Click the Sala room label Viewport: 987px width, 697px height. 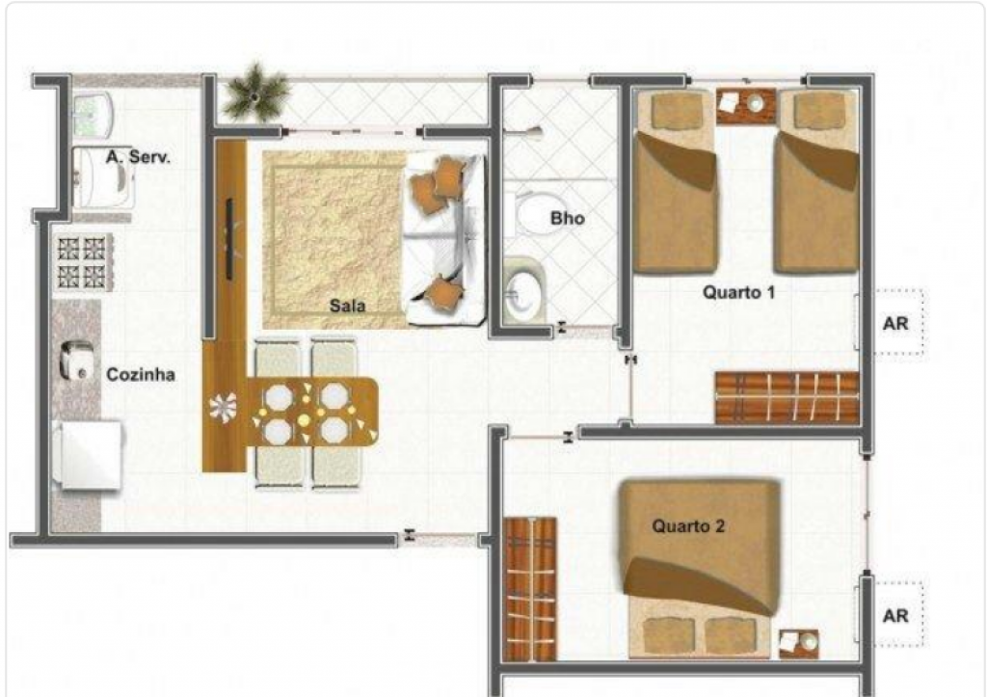tap(347, 306)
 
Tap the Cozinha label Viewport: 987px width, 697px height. tap(141, 375)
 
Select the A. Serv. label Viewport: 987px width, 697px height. tap(138, 157)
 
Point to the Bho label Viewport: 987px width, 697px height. tap(567, 219)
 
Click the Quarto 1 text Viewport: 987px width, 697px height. tap(738, 292)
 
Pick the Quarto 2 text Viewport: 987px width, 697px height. tap(688, 525)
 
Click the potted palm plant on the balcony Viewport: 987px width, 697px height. tap(254, 94)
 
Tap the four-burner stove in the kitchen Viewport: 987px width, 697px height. tap(83, 262)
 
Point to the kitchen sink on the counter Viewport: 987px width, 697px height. tap(75, 361)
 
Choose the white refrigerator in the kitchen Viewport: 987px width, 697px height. tap(87, 455)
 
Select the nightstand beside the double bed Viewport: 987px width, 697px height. tap(799, 644)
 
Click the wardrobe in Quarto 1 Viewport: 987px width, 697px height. tap(787, 398)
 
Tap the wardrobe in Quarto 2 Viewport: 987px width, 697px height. tap(530, 589)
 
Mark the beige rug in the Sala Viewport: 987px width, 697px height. tap(333, 239)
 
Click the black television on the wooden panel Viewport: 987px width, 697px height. tap(229, 239)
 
